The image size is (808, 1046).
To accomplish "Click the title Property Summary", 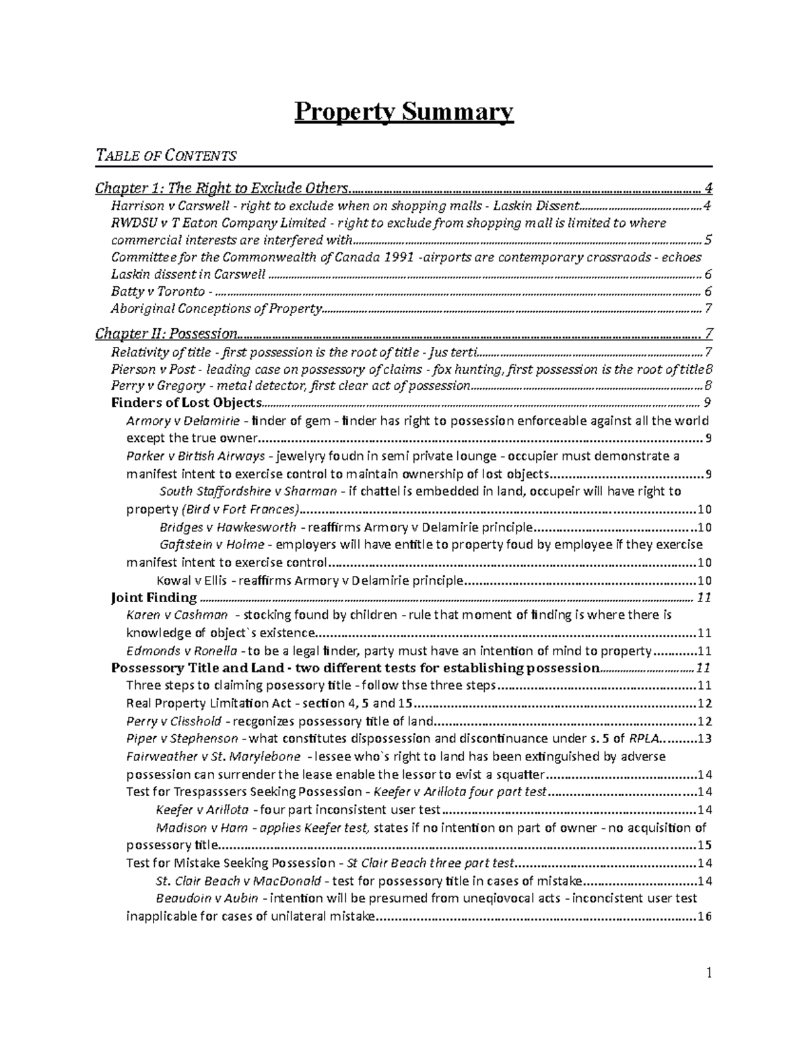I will click(x=404, y=112).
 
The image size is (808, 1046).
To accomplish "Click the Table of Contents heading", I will click(x=166, y=156).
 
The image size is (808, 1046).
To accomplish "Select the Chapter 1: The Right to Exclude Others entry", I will click(x=223, y=187).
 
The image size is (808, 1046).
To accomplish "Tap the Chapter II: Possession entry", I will click(x=166, y=333).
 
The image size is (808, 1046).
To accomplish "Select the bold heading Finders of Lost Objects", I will click(x=186, y=403).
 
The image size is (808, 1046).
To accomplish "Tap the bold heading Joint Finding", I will click(x=154, y=597).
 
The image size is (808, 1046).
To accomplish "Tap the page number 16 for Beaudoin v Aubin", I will click(x=705, y=916).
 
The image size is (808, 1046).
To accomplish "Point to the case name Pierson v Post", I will click(x=154, y=368).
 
